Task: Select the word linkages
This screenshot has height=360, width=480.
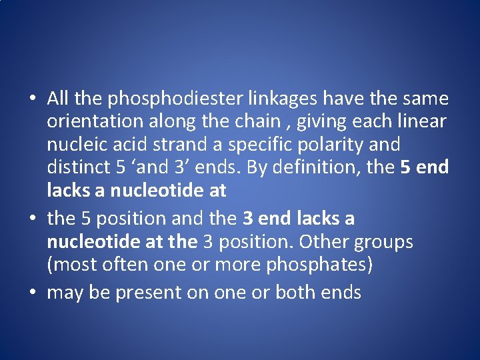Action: (282, 99)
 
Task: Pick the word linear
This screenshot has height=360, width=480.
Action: (422, 122)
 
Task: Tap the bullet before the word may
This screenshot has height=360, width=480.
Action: (32, 293)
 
